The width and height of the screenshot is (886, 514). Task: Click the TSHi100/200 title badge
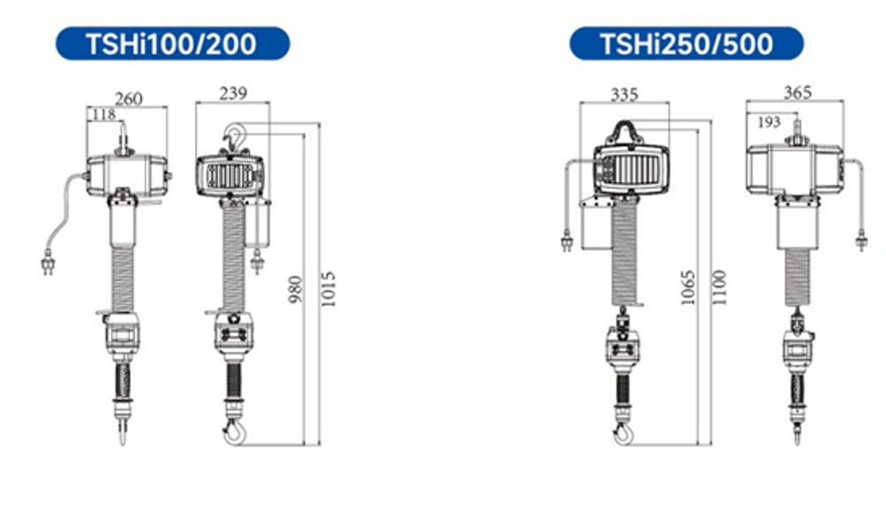[x=173, y=43]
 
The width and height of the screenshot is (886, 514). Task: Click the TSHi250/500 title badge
[x=687, y=43]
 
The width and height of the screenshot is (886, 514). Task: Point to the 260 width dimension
[x=128, y=99]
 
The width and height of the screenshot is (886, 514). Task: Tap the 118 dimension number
[x=104, y=115]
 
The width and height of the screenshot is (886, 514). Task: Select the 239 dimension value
[x=233, y=93]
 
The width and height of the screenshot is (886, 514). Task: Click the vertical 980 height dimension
[x=296, y=289]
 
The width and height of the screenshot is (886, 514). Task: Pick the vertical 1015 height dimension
[x=329, y=289]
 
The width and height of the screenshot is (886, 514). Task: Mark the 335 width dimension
[x=625, y=94]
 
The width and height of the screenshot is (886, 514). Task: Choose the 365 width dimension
[x=797, y=92]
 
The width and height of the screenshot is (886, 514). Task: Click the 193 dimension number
[x=769, y=122]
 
